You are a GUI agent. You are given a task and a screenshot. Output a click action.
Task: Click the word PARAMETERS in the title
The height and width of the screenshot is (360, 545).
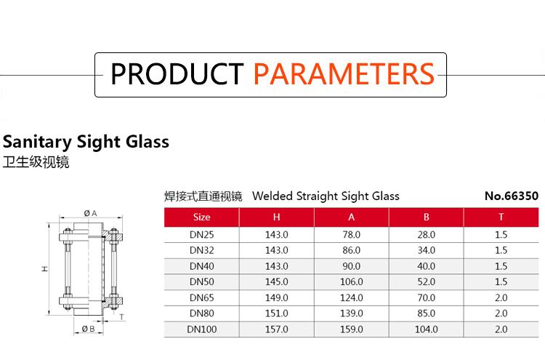pos(344,74)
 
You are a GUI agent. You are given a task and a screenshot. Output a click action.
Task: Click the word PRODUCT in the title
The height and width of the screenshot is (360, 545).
pos(177,74)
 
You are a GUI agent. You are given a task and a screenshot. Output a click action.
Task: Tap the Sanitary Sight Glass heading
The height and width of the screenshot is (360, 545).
pos(86,142)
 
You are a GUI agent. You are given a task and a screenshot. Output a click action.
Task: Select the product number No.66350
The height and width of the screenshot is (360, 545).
pos(512,196)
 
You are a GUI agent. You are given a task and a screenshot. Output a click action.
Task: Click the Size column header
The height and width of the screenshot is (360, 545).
pos(201,217)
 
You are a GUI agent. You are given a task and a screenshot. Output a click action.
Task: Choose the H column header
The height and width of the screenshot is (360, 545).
pos(276,217)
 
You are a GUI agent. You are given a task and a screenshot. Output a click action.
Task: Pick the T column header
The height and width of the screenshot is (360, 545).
pos(501,217)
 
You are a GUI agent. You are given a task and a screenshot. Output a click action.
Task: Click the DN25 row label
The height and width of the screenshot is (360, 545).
pos(201,235)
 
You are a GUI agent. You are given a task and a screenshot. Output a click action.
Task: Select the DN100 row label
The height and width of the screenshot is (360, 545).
pos(201,329)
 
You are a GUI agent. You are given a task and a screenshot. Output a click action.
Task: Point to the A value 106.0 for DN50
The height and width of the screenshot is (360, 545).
pos(352,281)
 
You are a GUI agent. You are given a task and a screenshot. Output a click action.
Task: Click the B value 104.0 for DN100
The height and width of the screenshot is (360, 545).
pos(426,329)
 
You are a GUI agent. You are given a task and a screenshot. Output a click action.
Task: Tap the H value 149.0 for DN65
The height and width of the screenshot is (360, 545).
pos(277,297)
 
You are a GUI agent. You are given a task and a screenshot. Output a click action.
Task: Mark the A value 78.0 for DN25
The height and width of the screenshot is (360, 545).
pos(352,235)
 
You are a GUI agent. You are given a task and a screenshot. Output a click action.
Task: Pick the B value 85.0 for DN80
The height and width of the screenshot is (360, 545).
pos(426,313)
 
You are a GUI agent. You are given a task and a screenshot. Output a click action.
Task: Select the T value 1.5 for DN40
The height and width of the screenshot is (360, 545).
pos(501,266)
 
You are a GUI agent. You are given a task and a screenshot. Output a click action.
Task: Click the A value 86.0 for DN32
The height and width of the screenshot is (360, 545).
pos(352,250)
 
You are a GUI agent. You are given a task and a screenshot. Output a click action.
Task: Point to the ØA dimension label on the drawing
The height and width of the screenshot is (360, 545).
pos(90,213)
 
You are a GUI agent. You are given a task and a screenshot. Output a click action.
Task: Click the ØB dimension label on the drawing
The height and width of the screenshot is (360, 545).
pos(88,328)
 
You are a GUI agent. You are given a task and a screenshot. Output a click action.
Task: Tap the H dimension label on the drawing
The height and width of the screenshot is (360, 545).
pos(45,269)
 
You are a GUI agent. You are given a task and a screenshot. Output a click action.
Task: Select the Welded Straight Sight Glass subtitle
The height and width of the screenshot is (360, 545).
pos(326,196)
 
